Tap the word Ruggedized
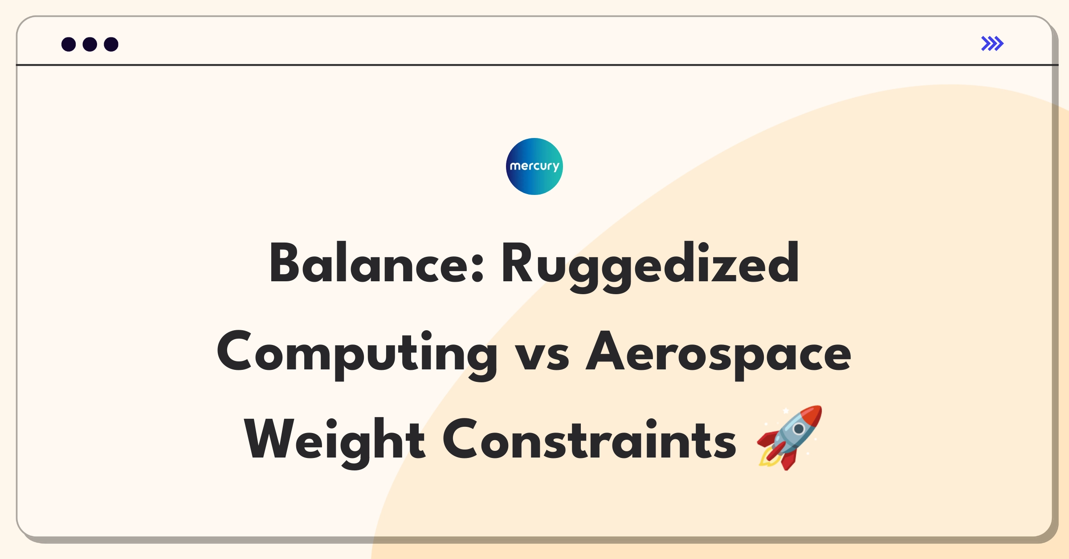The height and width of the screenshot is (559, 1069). pos(650,266)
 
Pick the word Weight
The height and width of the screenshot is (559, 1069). pos(335,442)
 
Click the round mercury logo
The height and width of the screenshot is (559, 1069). pos(534,166)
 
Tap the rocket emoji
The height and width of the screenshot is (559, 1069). pos(789,437)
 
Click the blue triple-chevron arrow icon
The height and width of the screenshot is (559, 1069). pos(992,44)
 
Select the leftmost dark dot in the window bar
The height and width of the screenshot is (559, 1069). pos(69,44)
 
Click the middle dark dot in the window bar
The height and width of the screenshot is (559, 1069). pos(90,44)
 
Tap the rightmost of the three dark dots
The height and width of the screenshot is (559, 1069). pos(111,44)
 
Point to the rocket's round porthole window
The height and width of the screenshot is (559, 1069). pos(799,429)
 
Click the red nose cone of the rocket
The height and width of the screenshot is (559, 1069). pos(812,415)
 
